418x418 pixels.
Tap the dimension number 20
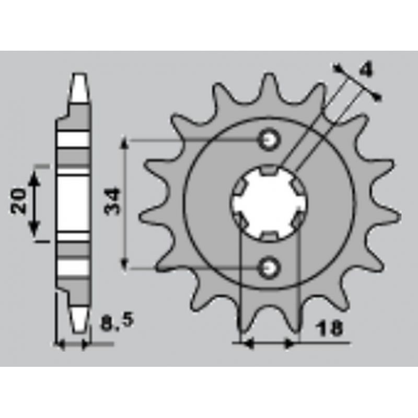19,201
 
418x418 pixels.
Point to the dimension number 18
329,329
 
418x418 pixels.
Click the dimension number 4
367,68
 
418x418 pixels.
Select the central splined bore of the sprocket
270,203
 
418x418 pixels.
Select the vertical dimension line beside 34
124,204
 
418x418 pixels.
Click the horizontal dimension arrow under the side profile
73,344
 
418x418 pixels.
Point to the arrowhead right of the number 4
378,96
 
